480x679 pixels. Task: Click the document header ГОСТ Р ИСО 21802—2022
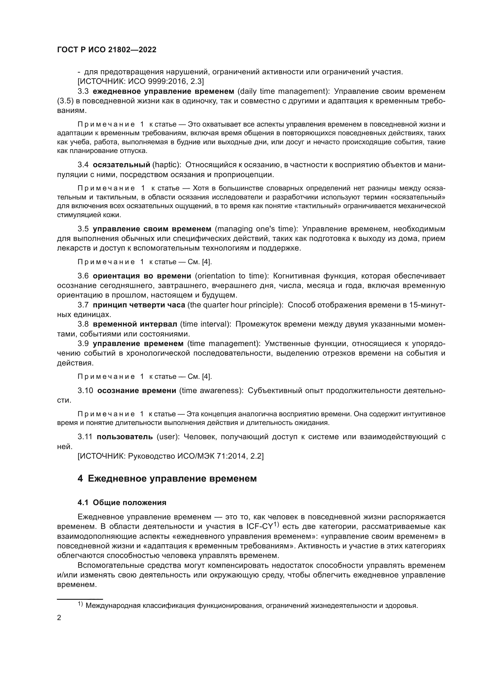pos(107,50)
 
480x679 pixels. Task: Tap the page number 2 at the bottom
pos(59,617)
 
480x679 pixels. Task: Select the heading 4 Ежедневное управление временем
pos(167,478)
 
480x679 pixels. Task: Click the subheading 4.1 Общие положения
pos(122,503)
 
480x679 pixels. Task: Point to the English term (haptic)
pos(166,165)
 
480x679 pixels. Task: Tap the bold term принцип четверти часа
pos(139,305)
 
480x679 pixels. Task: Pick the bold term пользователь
pos(125,437)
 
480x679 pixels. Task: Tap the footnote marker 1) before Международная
pos(80,604)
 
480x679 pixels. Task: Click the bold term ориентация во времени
pos(142,276)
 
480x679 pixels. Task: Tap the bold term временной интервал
pos(135,324)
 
